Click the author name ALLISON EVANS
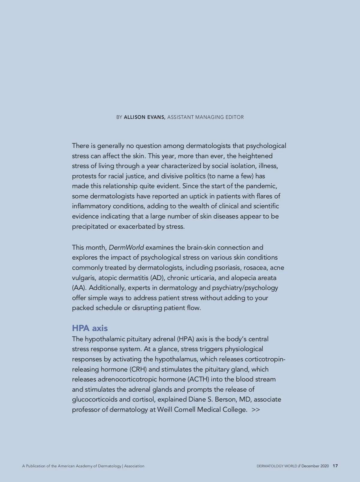pos(144,117)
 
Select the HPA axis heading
pos(90,328)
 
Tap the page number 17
pos(335,466)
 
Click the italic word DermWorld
pos(126,248)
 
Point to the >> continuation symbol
pos(256,410)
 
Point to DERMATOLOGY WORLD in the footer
pos(277,466)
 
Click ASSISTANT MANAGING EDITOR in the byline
pos(205,117)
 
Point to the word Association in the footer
pos(134,466)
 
